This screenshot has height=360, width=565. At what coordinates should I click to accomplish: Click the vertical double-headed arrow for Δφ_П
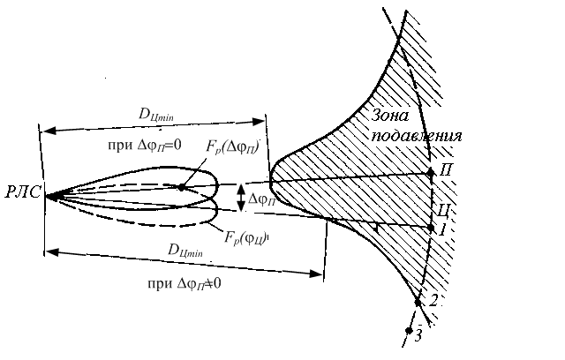(241, 199)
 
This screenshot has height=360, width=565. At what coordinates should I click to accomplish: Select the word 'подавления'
(416, 137)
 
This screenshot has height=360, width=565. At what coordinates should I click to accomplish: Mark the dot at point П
(430, 172)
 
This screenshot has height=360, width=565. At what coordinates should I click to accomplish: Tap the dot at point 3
(409, 331)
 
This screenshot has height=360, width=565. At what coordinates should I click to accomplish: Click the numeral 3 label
(419, 336)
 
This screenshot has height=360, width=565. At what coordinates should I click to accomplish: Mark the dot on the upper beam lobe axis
(181, 187)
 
